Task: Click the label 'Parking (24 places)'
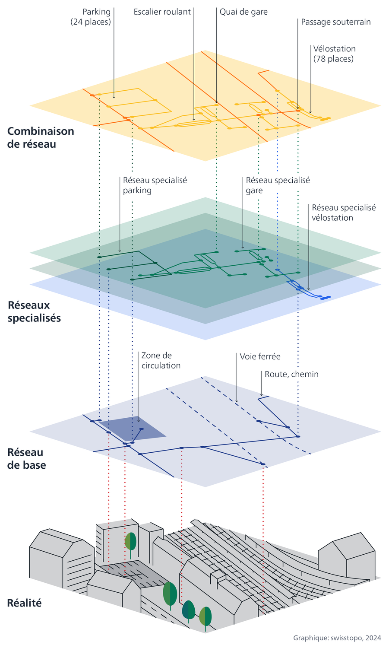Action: click(91, 17)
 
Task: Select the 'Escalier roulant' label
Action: click(162, 12)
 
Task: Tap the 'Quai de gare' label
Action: click(244, 12)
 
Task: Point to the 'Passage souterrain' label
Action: click(335, 22)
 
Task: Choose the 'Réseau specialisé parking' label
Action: click(155, 185)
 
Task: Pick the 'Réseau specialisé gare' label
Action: click(278, 185)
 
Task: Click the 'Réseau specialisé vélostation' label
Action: click(344, 213)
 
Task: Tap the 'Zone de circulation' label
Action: click(161, 360)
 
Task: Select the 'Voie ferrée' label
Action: click(260, 356)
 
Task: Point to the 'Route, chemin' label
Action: click(291, 374)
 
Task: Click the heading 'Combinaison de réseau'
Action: click(41, 137)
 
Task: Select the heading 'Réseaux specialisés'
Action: click(34, 311)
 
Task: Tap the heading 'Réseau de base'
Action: click(27, 459)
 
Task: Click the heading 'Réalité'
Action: click(25, 603)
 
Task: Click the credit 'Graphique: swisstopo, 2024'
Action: click(337, 638)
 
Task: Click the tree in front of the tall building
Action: click(130, 541)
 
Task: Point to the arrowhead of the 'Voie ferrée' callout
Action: click(237, 401)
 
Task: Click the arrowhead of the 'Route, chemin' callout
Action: click(262, 394)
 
